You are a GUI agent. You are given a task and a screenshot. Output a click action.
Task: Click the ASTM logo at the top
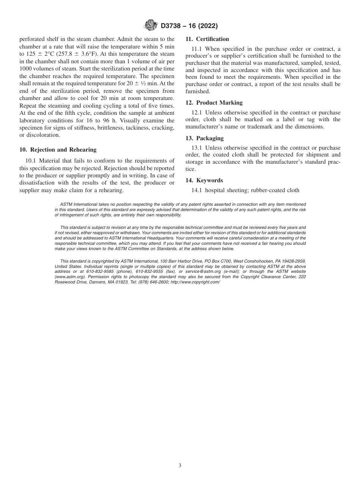151,26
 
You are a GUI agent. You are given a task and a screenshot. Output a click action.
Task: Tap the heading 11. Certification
207,39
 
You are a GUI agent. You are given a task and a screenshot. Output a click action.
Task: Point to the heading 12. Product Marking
214,103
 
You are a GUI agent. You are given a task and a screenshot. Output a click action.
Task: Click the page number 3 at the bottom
180,466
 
